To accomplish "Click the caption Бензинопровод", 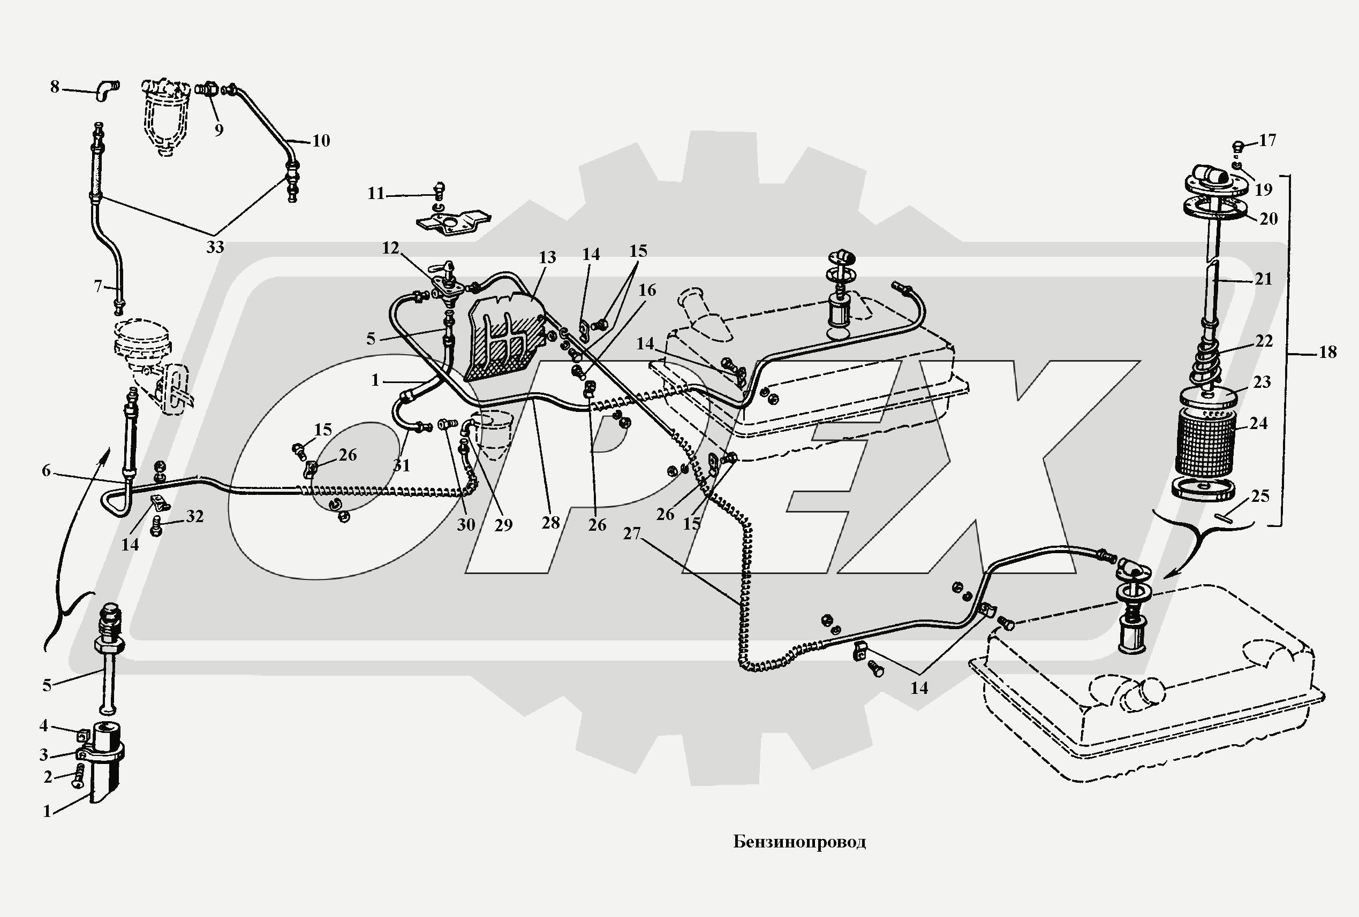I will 799,842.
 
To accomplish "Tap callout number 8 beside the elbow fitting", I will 55,87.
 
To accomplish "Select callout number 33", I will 215,247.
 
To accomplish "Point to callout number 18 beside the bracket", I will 1328,352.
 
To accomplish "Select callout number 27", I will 631,533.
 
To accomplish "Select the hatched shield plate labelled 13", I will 503,345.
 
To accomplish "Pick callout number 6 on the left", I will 46,470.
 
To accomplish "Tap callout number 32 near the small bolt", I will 195,517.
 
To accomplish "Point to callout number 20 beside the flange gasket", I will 1269,219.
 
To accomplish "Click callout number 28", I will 550,523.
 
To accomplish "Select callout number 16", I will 647,290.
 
